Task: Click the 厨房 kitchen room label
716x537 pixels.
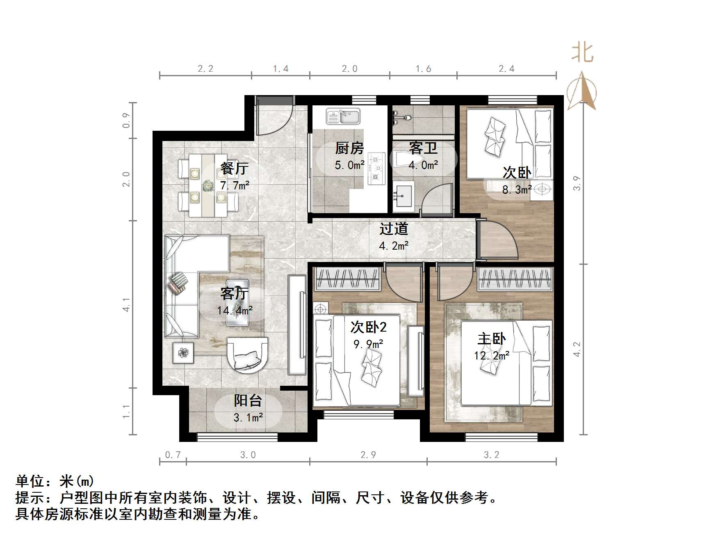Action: point(349,148)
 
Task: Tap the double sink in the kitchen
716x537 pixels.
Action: point(343,116)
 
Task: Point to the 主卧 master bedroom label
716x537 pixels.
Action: point(491,339)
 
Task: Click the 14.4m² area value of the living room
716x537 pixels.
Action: point(235,310)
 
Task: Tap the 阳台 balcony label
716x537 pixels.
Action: point(248,400)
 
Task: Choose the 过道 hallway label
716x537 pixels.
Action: point(394,229)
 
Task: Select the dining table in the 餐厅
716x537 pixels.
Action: point(208,185)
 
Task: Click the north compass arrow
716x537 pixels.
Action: point(581,92)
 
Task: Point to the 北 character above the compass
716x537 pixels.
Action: point(582,53)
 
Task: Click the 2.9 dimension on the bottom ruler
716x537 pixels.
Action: point(368,455)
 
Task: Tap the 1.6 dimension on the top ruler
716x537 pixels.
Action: point(423,69)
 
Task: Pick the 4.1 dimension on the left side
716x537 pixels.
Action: point(127,305)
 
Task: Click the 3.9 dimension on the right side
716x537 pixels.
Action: point(577,183)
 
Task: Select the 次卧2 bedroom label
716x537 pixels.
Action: point(368,327)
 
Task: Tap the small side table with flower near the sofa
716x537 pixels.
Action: point(183,352)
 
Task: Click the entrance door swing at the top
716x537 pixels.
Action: point(272,117)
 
